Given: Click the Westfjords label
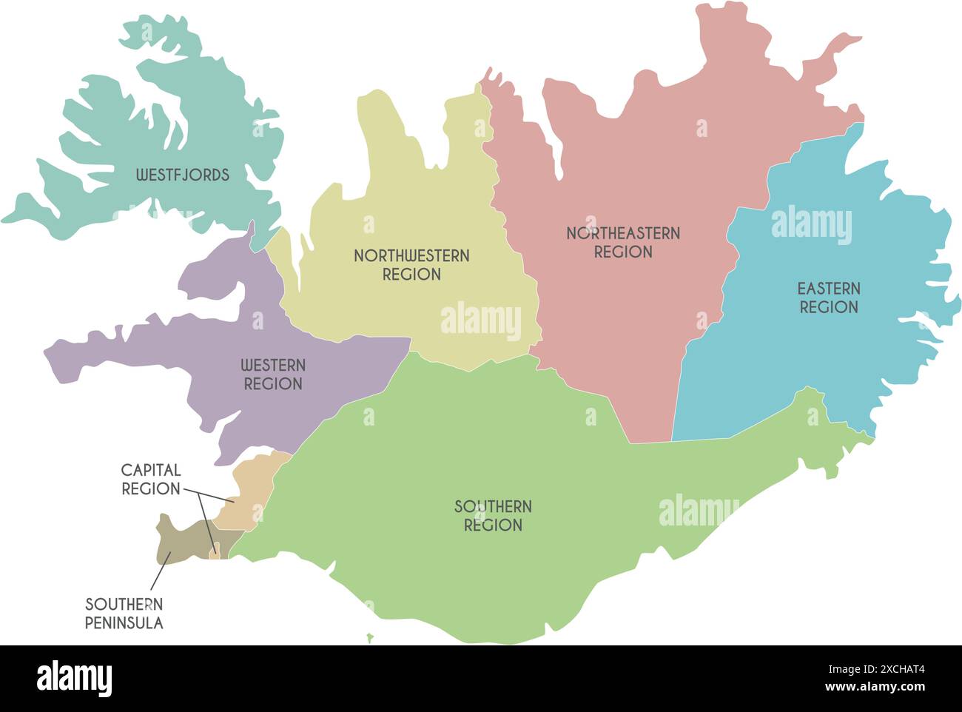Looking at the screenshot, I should (182, 175).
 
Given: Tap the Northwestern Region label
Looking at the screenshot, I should (411, 265).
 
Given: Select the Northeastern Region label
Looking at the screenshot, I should (623, 243).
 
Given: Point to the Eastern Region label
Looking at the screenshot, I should (828, 298).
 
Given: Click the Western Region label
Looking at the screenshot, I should (273, 375).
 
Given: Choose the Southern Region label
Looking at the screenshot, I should (493, 516).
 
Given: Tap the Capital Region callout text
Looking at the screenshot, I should (151, 480).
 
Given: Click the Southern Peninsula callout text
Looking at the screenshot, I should (124, 614).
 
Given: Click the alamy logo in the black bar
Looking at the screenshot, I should (75, 678).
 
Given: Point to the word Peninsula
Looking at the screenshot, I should (124, 623).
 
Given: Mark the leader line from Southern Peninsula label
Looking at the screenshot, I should (160, 575).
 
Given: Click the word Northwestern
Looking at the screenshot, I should (411, 256).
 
